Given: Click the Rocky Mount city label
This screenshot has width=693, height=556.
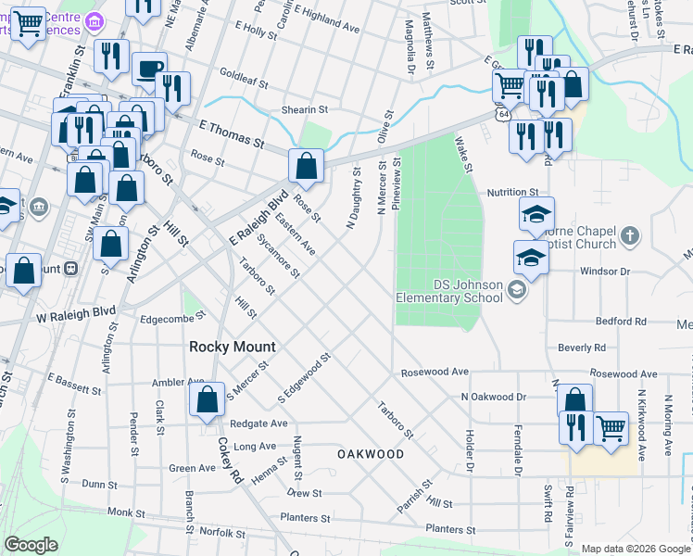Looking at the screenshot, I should tap(233, 347).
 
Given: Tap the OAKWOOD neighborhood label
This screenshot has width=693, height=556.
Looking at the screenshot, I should tap(371, 454).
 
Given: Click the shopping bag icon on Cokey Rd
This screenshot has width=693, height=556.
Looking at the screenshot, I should tap(208, 400).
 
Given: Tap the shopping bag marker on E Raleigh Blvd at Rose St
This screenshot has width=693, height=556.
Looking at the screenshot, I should tap(307, 167).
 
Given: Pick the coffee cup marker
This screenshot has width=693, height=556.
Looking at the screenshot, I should tap(149, 69).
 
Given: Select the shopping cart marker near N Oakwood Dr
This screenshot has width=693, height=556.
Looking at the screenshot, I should tap(611, 429).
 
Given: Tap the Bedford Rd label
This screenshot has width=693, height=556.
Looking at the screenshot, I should tap(621, 322).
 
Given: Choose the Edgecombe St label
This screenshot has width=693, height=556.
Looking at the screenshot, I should tap(171, 318).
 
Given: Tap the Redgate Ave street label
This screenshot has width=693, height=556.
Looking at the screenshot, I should tap(259, 423).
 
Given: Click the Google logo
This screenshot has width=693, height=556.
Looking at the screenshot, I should tap(31, 545).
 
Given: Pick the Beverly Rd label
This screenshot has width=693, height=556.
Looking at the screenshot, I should tap(582, 347).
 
